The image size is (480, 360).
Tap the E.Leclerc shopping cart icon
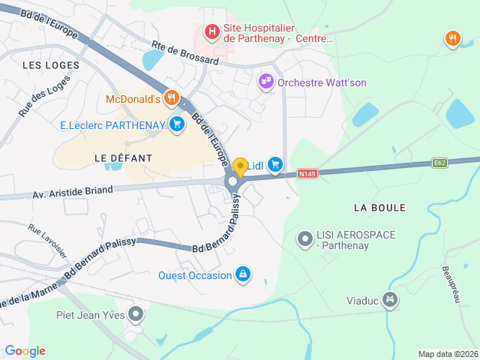tap(177, 124)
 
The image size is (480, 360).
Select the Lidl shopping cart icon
tap(275, 163)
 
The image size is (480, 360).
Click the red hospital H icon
tap(212, 32)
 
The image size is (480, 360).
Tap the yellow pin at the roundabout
tap(240, 167)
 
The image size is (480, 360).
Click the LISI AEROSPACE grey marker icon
tap(304, 239)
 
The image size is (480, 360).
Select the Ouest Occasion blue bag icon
tap(242, 275)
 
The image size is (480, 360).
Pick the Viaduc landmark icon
tap(388, 300)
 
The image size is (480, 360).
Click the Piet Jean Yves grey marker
tap(135, 313)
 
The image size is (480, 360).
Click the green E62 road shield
tap(440, 162)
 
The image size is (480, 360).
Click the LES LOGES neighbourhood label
tap(51, 65)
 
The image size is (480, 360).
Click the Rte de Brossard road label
tap(184, 52)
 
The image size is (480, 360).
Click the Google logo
tap(25, 350)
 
